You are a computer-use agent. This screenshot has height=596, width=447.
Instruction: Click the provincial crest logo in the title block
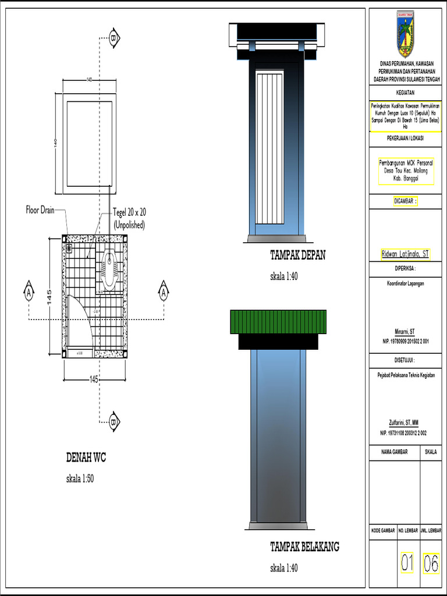(x=405, y=34)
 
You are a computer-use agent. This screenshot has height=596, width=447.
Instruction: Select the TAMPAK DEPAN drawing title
(x=297, y=255)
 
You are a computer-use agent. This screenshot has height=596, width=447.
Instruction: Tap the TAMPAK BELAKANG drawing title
(x=304, y=547)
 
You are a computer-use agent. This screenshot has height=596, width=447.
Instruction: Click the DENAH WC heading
(x=86, y=457)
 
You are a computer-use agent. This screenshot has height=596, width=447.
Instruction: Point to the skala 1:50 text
(x=80, y=478)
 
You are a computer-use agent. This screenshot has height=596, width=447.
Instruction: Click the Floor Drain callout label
(x=40, y=210)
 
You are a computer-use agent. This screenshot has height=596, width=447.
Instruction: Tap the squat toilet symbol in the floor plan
(x=109, y=268)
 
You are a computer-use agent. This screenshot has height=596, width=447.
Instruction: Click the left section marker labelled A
(x=28, y=291)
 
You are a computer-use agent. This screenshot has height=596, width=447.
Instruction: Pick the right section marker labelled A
(x=164, y=291)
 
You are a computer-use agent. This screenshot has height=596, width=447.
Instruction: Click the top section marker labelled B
(x=114, y=38)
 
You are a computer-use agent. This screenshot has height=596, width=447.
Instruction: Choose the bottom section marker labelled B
(x=114, y=421)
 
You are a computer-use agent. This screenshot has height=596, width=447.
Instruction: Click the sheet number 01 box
(x=407, y=563)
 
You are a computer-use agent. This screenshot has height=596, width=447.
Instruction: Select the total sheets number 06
(x=431, y=563)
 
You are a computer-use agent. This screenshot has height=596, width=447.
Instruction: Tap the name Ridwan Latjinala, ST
(x=405, y=254)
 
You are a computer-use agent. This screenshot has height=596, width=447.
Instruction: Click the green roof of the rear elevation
(x=278, y=322)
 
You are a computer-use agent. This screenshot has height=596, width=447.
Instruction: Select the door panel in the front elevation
(x=269, y=148)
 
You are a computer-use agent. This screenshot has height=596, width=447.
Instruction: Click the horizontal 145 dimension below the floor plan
(x=93, y=379)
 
